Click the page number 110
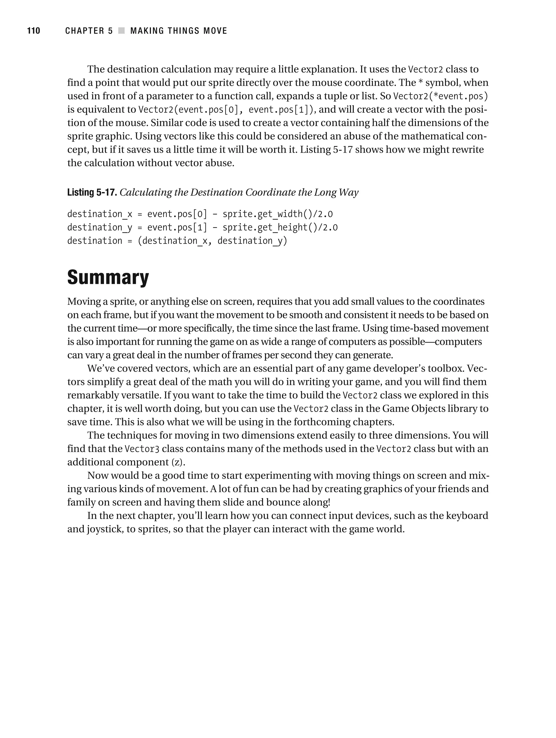tap(33, 31)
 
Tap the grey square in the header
tap(121, 31)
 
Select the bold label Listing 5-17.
tap(92, 193)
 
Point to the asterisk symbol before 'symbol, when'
tap(420, 82)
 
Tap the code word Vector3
tap(142, 449)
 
